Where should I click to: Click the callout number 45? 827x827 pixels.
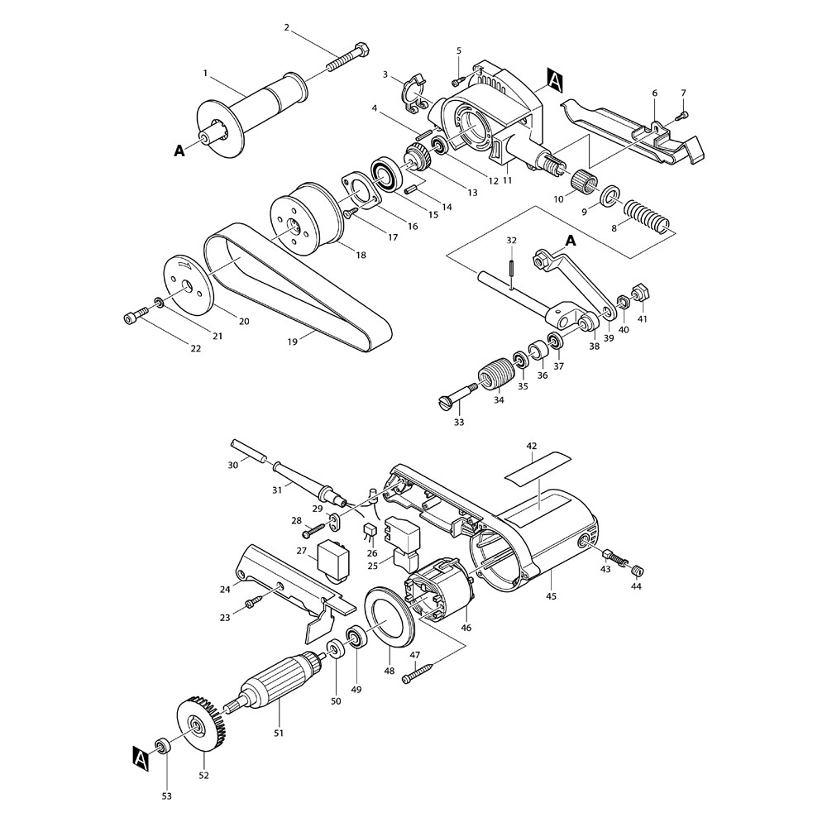551,595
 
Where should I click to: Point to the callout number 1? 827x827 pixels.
204,74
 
